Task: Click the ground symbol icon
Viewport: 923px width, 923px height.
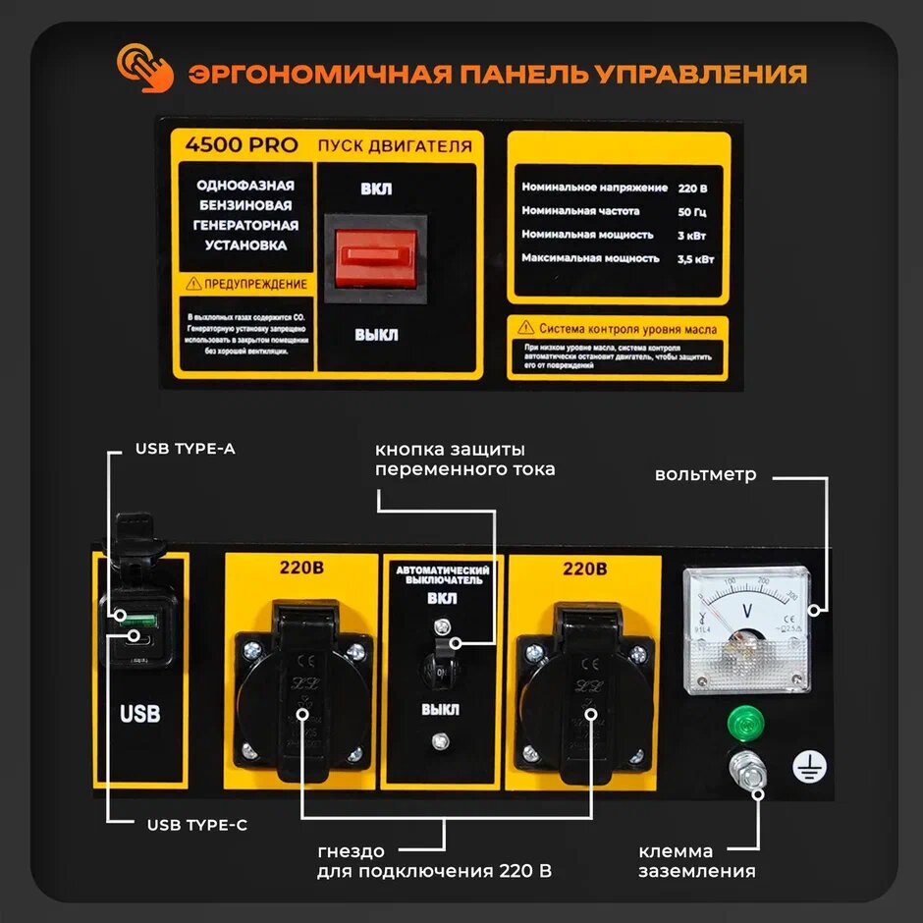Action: pyautogui.click(x=806, y=767)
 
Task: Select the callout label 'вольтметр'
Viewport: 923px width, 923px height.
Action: pyautogui.click(x=706, y=475)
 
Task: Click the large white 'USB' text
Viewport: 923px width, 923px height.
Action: pyautogui.click(x=139, y=714)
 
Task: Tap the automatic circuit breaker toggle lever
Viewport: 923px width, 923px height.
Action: pyautogui.click(x=442, y=648)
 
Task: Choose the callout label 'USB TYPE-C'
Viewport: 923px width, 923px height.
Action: pyautogui.click(x=197, y=825)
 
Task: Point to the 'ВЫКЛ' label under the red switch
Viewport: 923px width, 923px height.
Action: pyautogui.click(x=376, y=335)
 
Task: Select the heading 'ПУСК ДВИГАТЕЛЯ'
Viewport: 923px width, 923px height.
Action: pyautogui.click(x=394, y=146)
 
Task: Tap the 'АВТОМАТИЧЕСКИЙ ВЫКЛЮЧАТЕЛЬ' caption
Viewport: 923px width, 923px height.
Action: pyautogui.click(x=442, y=574)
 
